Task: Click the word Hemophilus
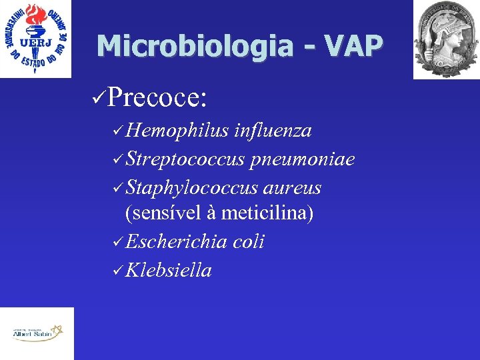(177, 131)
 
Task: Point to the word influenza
(273, 131)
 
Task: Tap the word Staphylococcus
(191, 188)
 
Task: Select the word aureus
(292, 188)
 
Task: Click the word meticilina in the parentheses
(267, 213)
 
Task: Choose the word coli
(249, 241)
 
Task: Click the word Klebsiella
(168, 270)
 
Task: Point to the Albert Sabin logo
(37, 333)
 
